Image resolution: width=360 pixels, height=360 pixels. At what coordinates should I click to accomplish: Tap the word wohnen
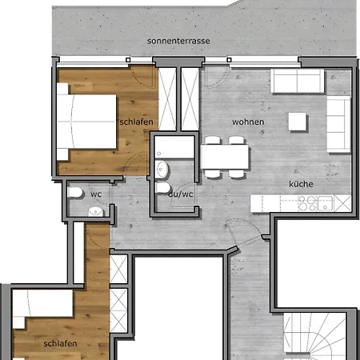[247, 122]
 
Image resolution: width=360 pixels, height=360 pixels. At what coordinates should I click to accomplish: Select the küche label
[301, 184]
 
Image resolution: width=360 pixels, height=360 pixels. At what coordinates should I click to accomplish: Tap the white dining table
[223, 157]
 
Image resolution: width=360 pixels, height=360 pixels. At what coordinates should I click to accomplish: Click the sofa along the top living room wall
[296, 81]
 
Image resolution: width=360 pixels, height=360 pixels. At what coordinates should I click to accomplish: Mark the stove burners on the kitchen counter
[308, 204]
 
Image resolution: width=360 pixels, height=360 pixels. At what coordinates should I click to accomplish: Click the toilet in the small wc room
[74, 194]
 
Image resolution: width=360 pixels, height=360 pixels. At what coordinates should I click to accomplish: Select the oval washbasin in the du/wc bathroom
[162, 170]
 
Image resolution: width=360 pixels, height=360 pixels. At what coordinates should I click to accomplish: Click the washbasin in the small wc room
[95, 211]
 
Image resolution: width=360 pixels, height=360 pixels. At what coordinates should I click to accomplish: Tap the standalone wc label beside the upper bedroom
[95, 194]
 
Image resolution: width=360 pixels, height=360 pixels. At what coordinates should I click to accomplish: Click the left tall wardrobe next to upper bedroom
[167, 98]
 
